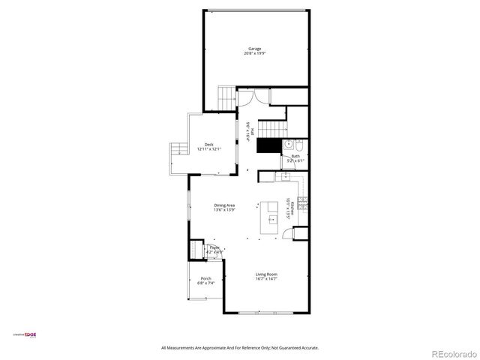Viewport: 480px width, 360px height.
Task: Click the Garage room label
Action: point(255,49)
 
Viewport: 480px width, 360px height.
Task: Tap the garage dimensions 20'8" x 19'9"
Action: point(255,54)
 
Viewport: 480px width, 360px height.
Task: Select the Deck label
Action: point(208,145)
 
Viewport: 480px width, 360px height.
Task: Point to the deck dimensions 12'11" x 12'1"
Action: point(208,149)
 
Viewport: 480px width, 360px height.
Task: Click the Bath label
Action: point(295,156)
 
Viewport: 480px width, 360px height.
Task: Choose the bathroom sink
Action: point(287,144)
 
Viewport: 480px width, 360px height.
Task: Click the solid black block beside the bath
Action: point(267,145)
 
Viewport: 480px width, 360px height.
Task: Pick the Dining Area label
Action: point(224,205)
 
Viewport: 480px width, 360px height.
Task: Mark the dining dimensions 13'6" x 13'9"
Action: point(224,211)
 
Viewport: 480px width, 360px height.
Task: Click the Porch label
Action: point(205,278)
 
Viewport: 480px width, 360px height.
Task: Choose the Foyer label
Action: point(214,247)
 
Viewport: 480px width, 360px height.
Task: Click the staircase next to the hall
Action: point(273,128)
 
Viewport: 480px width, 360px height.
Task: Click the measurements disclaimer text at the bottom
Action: point(240,348)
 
